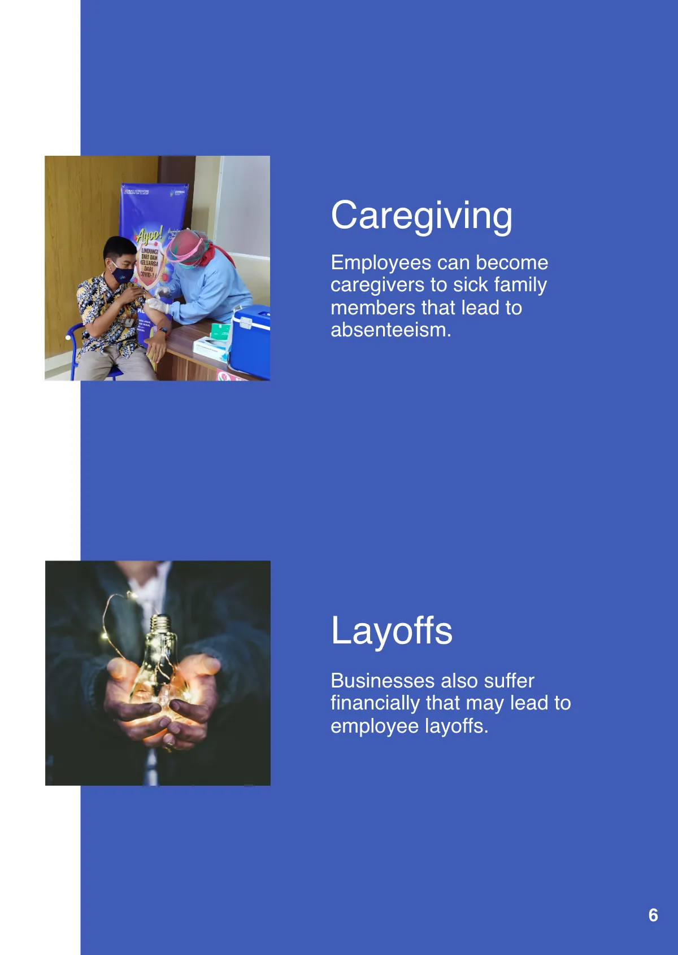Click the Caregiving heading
click(421, 216)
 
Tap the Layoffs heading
click(392, 630)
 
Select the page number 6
click(653, 915)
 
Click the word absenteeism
click(390, 330)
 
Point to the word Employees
click(381, 263)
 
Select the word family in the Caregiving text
click(520, 285)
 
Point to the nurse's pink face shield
click(185, 247)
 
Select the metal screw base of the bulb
click(160, 624)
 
